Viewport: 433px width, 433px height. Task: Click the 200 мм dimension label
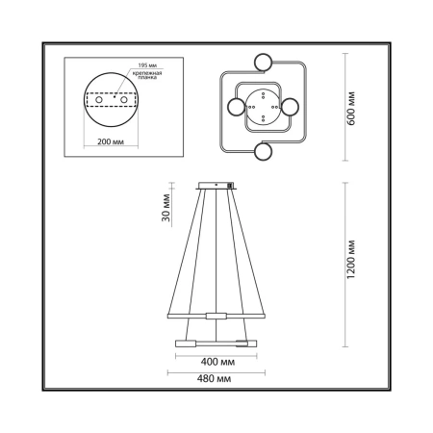pos(111,141)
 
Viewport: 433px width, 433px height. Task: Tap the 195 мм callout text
pos(147,65)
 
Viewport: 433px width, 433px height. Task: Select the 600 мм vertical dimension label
pos(351,109)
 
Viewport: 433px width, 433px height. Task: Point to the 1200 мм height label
pos(351,259)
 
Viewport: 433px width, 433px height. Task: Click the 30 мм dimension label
pos(166,208)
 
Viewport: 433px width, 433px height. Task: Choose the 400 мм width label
pos(217,362)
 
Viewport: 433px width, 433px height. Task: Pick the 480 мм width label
pos(214,379)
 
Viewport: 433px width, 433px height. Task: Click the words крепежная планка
pos(147,75)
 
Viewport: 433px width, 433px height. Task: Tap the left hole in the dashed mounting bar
pos(99,100)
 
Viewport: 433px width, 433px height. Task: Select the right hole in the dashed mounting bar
pos(124,100)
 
